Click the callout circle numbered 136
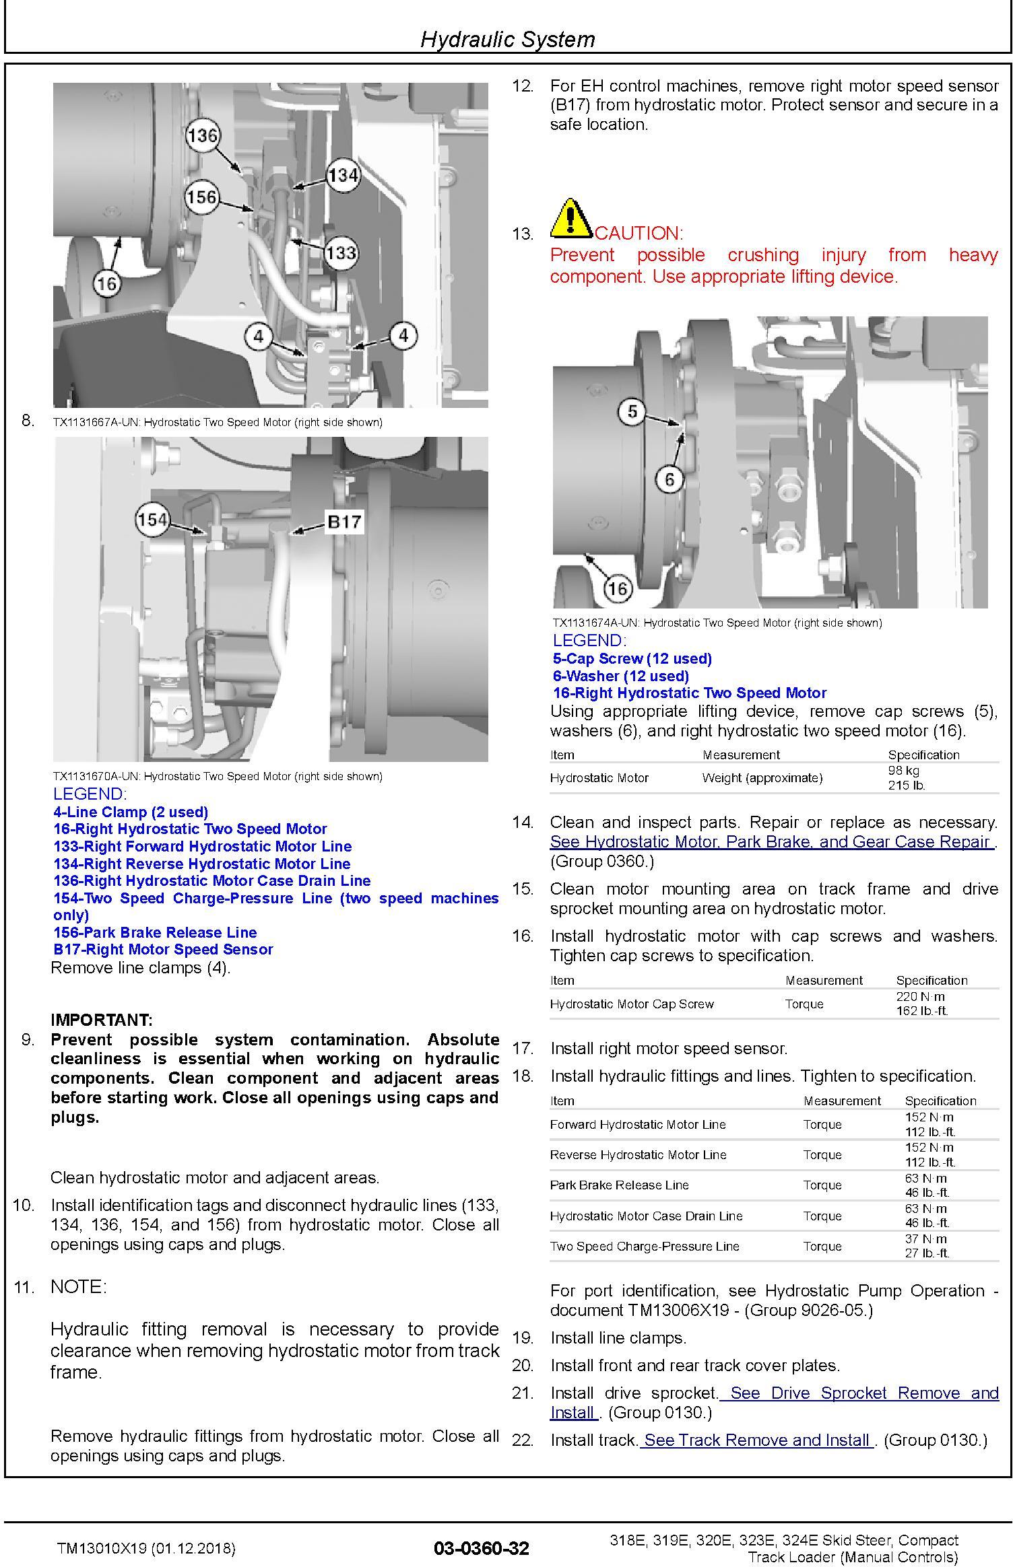(202, 136)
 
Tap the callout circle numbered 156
(202, 197)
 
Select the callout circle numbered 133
(340, 253)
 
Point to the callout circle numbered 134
(343, 176)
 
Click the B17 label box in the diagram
(344, 522)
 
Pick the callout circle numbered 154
(152, 520)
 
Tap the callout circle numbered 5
(632, 411)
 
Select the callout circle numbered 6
(669, 479)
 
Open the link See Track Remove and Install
(756, 1440)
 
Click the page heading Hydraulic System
(507, 39)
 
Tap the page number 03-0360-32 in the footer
(482, 1548)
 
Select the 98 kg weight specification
(903, 770)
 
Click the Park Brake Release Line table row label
(619, 1185)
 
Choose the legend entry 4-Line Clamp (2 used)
(131, 812)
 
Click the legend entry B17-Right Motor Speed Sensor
(163, 949)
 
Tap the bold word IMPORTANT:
(102, 1020)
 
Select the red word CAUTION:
(639, 234)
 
